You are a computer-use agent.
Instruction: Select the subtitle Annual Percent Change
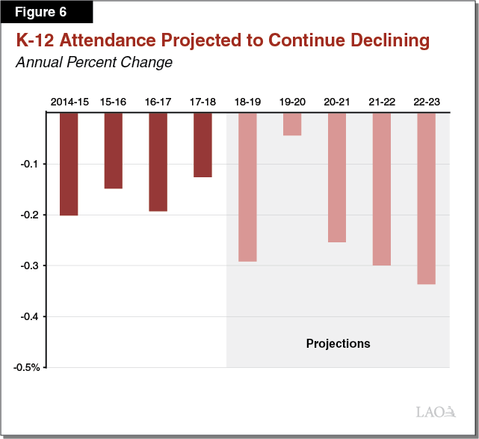click(94, 62)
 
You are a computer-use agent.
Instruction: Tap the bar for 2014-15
click(68, 164)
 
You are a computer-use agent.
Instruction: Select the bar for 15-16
click(113, 150)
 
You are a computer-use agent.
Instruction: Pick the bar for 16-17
click(158, 162)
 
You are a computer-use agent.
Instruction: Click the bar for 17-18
click(203, 144)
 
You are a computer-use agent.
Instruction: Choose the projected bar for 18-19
click(247, 187)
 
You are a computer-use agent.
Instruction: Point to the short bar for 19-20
click(292, 124)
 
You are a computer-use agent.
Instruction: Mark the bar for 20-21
click(336, 177)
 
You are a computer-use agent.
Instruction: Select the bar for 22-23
click(426, 198)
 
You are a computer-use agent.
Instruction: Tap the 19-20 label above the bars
click(292, 101)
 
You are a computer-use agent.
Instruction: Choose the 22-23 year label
click(426, 101)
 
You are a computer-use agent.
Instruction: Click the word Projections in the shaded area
click(338, 344)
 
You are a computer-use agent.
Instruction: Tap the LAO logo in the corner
click(436, 411)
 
